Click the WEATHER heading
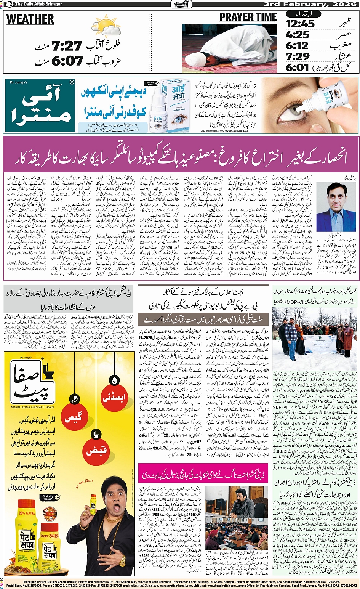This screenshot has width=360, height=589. point(30,19)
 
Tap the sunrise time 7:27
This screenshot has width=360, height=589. point(67,47)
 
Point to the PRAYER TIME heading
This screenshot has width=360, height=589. point(248,17)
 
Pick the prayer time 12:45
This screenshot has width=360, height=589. point(300,24)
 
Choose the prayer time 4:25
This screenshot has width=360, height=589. point(298,35)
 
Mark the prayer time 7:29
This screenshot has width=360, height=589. point(298,57)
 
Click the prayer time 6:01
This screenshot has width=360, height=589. point(298,67)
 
